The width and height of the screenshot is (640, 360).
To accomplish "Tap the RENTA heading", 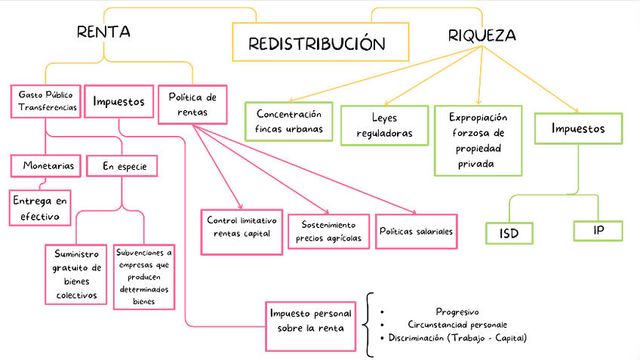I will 103,32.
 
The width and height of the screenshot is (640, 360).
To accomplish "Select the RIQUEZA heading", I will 482,35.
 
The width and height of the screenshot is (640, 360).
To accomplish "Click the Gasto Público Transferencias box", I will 46,102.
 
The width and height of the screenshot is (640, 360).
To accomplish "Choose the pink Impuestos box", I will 118,102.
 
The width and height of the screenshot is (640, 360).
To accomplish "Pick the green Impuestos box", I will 578,128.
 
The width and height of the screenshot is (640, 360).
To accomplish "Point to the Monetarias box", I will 46,165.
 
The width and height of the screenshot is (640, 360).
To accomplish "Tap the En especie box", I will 122,166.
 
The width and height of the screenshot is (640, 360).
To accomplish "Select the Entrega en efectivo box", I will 39,207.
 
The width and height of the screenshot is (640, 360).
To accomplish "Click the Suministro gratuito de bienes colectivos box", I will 75,275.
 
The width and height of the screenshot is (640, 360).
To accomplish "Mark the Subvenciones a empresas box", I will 143,275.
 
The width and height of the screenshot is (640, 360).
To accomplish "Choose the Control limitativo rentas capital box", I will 242,227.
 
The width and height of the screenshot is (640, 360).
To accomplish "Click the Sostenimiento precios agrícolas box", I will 329,232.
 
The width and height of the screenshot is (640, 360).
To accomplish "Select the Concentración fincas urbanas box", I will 289,121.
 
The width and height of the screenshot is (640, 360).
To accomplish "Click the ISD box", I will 509,233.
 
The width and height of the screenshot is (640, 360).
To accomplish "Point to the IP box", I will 598,230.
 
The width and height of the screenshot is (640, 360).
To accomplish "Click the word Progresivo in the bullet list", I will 457,311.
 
